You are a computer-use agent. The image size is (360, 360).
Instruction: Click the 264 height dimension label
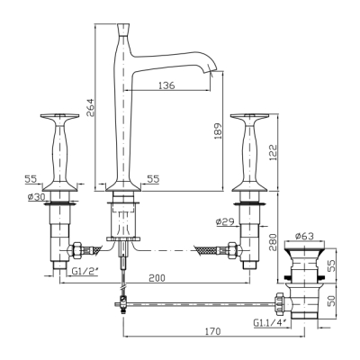click(90, 108)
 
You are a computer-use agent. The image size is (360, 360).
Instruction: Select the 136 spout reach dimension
click(166, 85)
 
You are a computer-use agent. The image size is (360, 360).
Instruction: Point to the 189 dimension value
click(218, 130)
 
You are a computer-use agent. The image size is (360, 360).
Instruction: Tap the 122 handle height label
click(273, 152)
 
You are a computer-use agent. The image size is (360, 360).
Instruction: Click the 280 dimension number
click(273, 242)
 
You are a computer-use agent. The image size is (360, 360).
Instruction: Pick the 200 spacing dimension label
click(157, 278)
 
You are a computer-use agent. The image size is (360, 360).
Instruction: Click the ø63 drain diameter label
click(304, 237)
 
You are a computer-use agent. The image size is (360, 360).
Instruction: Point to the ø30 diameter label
click(36, 197)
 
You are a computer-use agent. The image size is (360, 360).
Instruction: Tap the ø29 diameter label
click(225, 221)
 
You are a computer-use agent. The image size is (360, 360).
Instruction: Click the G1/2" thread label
click(84, 271)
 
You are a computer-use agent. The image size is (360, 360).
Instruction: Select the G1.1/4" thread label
click(270, 323)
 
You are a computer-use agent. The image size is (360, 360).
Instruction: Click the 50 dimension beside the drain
click(330, 301)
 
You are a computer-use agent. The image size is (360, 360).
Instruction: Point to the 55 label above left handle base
click(31, 179)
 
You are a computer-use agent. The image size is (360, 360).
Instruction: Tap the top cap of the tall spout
click(122, 30)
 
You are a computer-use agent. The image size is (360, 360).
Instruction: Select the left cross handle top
click(59, 116)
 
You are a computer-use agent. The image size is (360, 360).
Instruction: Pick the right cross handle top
click(249, 116)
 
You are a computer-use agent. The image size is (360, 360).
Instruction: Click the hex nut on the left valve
click(76, 249)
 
